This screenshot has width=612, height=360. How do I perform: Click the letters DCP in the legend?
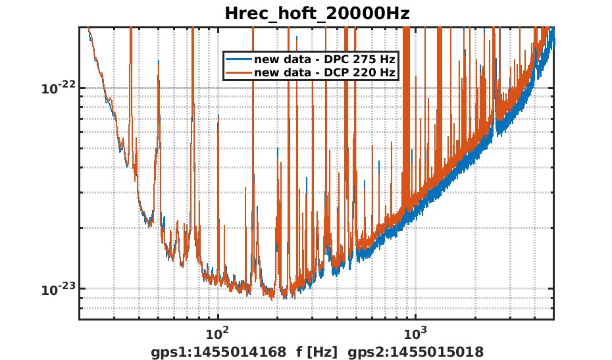(342, 72)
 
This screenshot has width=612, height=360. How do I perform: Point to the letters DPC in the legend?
(342, 60)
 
